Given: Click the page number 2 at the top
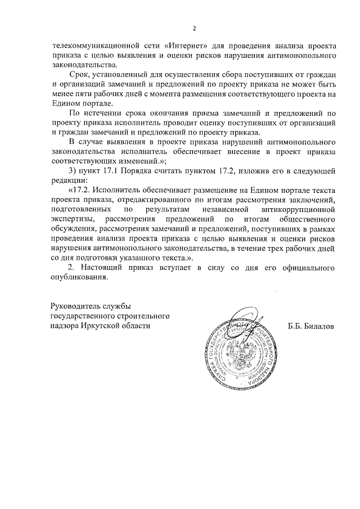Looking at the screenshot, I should pyautogui.click(x=194, y=29).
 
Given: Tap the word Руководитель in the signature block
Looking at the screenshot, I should pyautogui.click(x=76, y=306).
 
